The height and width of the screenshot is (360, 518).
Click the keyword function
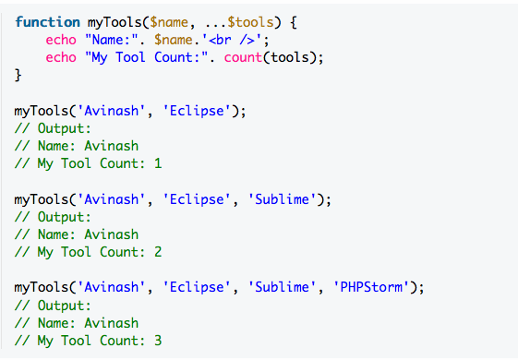(48, 21)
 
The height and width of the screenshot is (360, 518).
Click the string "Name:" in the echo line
(110, 40)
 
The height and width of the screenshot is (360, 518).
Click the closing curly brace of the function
(18, 75)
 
